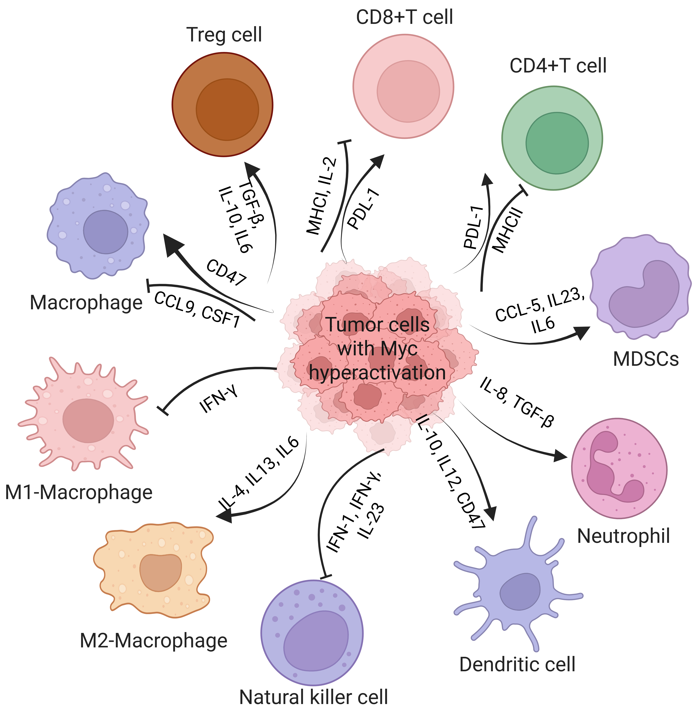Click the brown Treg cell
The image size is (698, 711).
coord(223,105)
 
